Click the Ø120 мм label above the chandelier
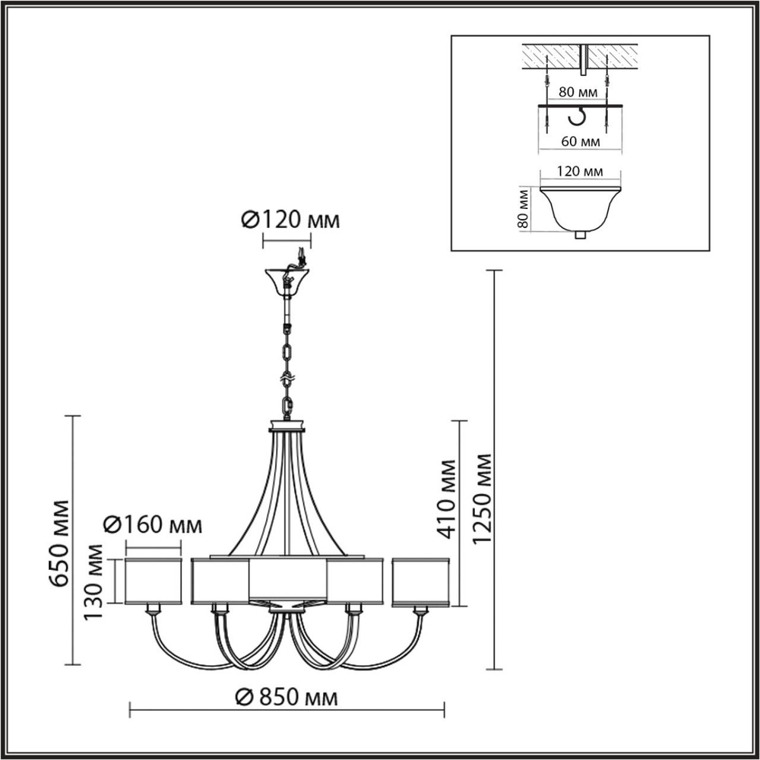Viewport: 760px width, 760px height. (290, 220)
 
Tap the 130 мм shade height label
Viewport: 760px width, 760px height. (94, 581)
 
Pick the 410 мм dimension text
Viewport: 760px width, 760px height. (447, 498)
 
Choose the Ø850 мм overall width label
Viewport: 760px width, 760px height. (287, 696)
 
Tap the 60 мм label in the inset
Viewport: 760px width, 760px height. (580, 141)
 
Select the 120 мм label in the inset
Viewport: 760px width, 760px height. (580, 173)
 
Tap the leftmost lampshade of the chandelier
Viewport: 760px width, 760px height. (153, 581)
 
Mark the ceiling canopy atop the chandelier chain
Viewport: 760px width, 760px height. (287, 280)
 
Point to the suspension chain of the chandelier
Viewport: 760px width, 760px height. (287, 357)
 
